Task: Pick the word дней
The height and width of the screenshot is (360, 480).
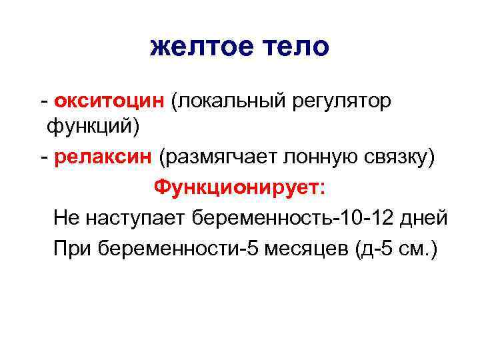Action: click(424, 217)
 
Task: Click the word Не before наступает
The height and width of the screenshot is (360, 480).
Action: click(66, 217)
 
